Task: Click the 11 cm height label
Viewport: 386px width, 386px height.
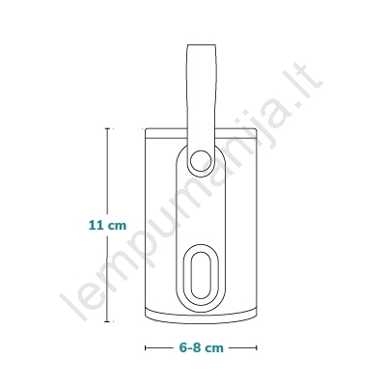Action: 107,225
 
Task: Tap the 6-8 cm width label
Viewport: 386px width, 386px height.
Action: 201,347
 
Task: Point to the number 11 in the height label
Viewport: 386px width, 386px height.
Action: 96,225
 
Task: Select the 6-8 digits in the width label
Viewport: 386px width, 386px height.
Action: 191,347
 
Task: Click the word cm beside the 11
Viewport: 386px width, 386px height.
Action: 117,226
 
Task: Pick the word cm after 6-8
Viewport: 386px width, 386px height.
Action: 214,348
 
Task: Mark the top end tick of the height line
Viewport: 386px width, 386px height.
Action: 107,128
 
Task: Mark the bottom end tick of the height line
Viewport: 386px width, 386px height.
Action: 107,321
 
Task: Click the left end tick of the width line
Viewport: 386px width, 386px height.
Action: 146,347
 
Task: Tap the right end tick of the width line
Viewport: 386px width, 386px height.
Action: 257,347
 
